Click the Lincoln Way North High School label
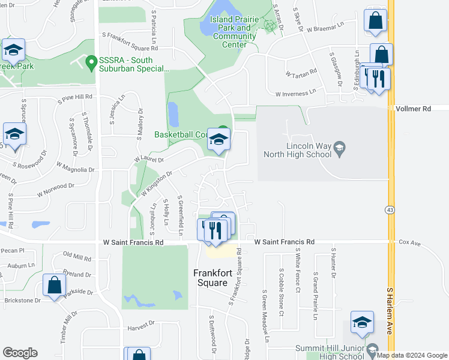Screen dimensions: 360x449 (298, 149)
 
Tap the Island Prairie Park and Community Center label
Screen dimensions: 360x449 (234, 32)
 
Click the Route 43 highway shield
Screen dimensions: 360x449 (389, 209)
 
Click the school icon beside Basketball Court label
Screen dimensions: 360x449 (218, 139)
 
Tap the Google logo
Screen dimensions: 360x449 (20, 353)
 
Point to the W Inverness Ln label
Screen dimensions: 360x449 (295, 94)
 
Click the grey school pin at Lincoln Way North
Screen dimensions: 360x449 (339, 148)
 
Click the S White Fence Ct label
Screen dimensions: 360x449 (298, 272)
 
